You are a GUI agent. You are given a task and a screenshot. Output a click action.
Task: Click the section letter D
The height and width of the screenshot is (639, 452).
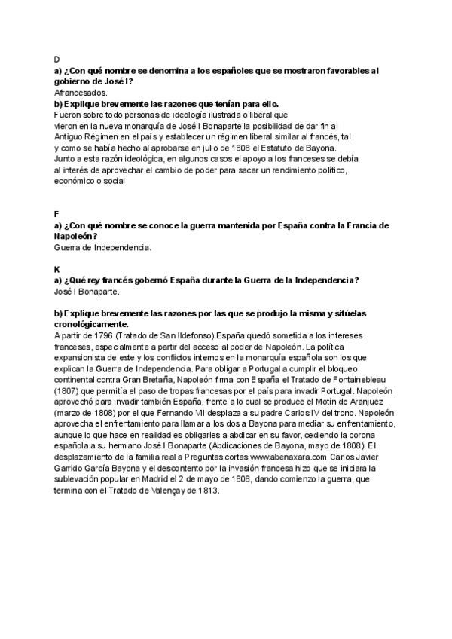coord(57,58)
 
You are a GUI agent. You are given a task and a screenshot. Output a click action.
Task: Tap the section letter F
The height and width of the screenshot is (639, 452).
coord(57,214)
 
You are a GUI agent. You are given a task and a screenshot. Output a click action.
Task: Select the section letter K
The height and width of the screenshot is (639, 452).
coord(57,268)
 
